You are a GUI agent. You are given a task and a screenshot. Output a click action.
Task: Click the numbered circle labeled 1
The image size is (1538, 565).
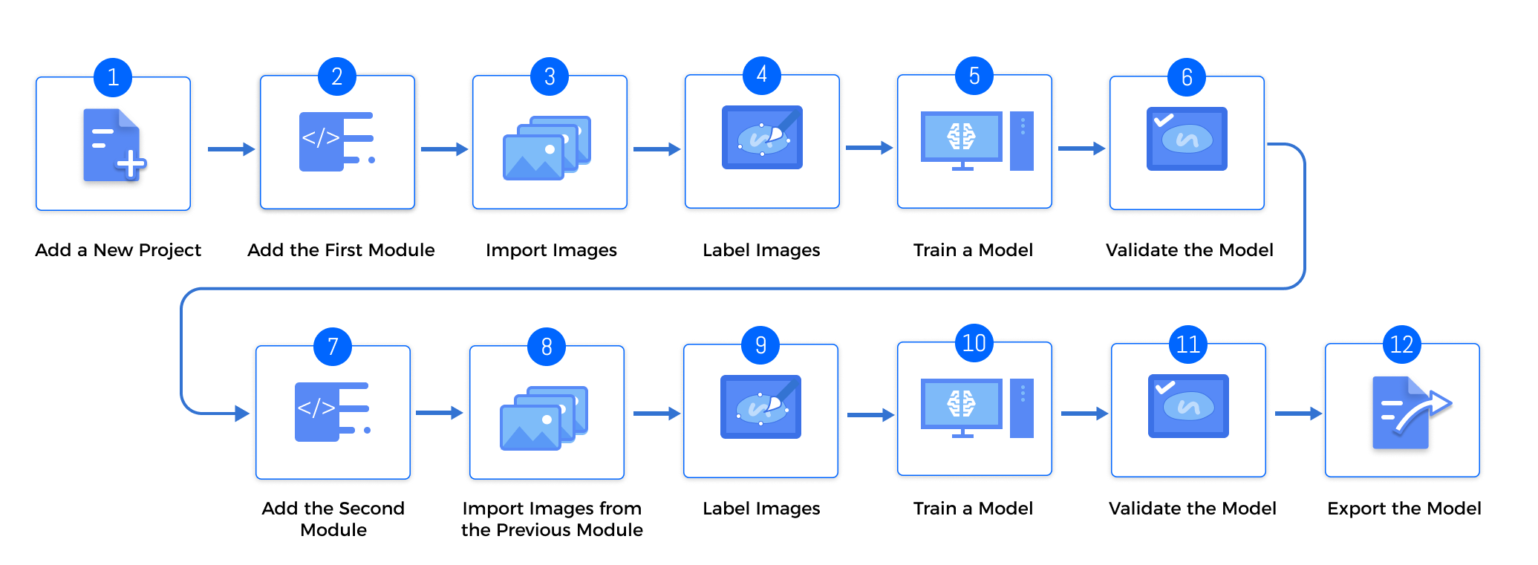pos(113,77)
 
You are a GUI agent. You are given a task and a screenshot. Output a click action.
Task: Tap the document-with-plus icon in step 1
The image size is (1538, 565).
pos(114,146)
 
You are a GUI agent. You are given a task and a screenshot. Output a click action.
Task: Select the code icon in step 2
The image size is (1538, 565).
pos(336,141)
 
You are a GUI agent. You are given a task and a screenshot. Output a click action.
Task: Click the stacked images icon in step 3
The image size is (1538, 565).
pos(547,148)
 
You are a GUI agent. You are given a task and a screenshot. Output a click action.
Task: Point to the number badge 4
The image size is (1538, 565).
pos(761,75)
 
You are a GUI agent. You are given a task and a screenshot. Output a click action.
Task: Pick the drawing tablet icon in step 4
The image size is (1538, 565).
pos(762,137)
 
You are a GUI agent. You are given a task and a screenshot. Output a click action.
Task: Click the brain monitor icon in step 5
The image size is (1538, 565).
pos(962,140)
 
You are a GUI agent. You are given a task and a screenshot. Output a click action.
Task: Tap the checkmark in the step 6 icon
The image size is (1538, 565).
pos(1163,120)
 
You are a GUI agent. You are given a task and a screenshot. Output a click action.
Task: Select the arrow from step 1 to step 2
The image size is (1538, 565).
pos(231,149)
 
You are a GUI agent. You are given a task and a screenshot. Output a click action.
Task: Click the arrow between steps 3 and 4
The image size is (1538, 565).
pos(656,149)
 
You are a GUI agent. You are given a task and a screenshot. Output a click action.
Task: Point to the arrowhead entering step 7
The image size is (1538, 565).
pos(242,413)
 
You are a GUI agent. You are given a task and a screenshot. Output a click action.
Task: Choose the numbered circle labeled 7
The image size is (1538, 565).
pos(333,346)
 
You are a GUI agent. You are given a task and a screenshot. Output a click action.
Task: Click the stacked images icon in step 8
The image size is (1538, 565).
pos(544,418)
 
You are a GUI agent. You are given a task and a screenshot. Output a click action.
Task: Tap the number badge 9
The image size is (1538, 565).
pos(760,344)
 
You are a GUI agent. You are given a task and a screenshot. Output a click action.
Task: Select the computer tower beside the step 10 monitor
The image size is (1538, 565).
pos(1022,408)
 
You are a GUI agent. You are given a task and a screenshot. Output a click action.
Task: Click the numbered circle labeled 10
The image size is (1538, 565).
pos(974,343)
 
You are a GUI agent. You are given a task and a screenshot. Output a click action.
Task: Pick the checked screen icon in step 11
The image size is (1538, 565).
pos(1188,406)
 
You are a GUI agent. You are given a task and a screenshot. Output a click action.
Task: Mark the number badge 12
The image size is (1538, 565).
pos(1401,344)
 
